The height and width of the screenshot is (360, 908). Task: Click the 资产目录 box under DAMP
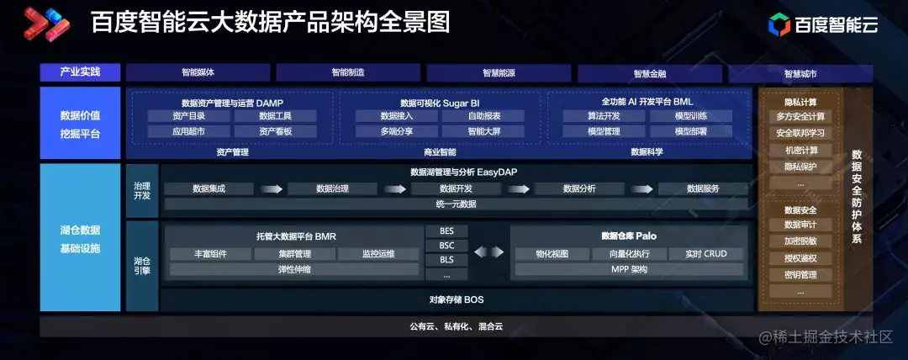click(189, 116)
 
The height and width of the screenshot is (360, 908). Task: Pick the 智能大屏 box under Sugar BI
click(483, 131)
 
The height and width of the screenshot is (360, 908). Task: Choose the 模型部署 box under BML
click(690, 131)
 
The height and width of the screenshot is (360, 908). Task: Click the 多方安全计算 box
click(800, 116)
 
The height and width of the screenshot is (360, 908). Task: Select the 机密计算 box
click(800, 150)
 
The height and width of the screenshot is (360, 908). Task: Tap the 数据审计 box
click(800, 225)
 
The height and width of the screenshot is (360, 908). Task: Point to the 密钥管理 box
click(800, 274)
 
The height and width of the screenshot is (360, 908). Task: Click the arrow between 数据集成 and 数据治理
click(270, 188)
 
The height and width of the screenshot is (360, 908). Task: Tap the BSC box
click(446, 245)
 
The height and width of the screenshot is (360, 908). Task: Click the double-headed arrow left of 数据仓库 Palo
click(489, 252)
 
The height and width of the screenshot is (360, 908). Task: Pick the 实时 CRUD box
click(705, 253)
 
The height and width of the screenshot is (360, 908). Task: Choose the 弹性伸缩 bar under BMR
click(294, 269)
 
